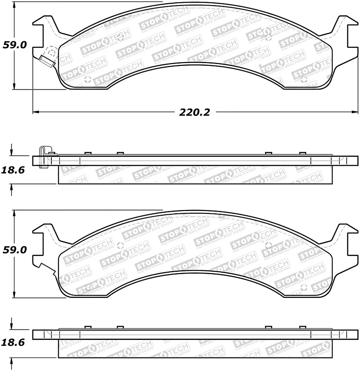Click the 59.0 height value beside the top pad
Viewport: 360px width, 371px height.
coord(15,45)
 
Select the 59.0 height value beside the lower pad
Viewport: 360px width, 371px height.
coord(15,249)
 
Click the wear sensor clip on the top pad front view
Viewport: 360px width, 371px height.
coord(46,59)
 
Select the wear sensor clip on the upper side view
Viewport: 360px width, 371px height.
coord(44,157)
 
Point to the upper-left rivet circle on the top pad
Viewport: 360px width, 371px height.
coord(120,37)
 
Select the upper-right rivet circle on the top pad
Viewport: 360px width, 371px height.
coord(269,37)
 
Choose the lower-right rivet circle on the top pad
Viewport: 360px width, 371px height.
coord(303,79)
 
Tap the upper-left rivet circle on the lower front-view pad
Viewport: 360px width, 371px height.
coord(120,245)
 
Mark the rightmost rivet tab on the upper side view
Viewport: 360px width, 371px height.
coord(303,154)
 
